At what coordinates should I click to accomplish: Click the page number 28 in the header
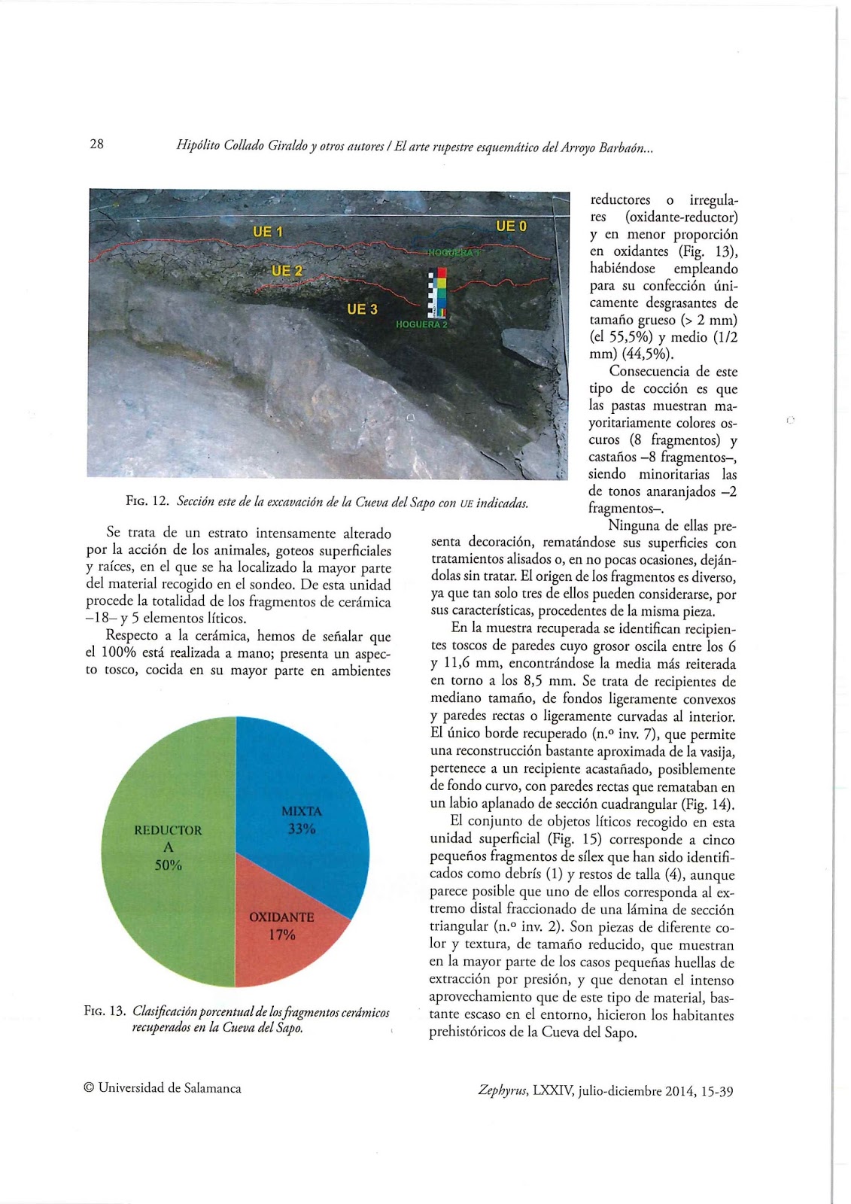click(96, 144)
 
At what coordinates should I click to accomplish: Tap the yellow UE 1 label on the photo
click(267, 232)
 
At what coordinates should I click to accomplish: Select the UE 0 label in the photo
click(511, 226)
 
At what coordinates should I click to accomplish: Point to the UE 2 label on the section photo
click(286, 271)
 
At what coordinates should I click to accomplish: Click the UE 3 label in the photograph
click(362, 309)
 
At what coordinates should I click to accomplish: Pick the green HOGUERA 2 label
click(421, 324)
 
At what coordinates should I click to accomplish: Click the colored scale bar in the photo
click(437, 293)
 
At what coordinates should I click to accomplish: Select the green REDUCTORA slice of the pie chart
click(173, 888)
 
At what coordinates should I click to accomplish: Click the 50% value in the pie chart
click(169, 865)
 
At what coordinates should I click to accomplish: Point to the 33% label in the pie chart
click(302, 829)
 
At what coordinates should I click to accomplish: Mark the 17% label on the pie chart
click(282, 935)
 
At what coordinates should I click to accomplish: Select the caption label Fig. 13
click(105, 1011)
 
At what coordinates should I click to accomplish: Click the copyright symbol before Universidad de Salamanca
click(89, 1088)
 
